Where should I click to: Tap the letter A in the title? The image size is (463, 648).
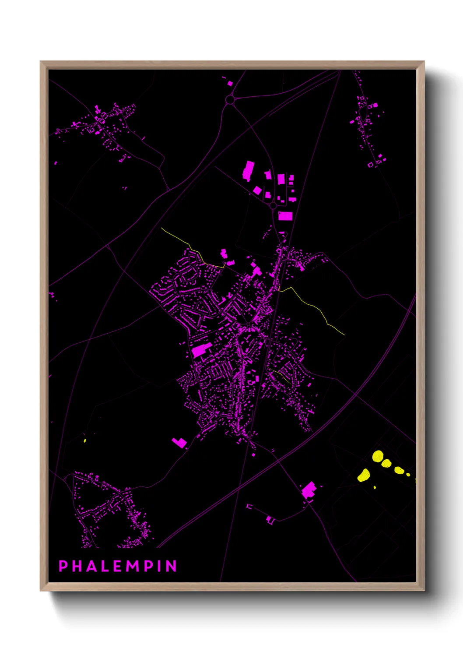92,566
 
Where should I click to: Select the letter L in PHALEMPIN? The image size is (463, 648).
105,566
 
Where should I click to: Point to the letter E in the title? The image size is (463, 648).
118,566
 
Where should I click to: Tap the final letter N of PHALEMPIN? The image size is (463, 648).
171,566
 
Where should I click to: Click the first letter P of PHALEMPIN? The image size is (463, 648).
63,566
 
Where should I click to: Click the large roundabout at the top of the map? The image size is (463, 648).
230,100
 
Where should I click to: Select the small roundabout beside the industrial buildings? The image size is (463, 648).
273,205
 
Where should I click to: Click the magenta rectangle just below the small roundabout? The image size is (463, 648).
285,216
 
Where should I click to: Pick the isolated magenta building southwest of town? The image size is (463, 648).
179,443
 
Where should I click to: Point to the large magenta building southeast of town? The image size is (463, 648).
309,490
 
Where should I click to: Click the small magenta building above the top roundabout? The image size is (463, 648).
230,83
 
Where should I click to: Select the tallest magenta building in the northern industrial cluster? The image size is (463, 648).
248,171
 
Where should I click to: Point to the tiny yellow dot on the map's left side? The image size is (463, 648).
85,440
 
